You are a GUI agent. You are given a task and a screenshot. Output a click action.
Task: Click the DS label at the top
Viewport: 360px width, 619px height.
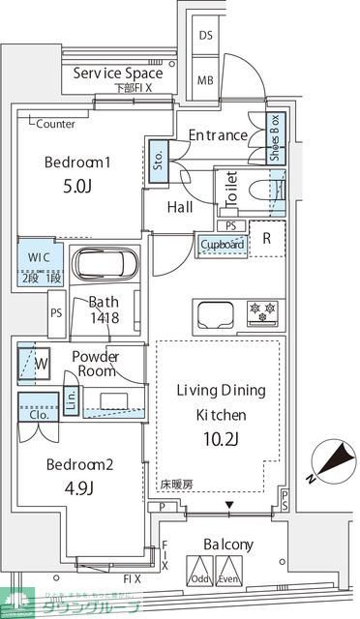(206, 36)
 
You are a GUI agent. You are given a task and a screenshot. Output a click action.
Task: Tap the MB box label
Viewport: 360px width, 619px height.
(206, 80)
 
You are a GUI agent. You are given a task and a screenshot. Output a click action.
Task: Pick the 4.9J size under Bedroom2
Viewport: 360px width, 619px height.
(80, 487)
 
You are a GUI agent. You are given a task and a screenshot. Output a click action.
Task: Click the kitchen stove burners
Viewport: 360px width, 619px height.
(264, 311)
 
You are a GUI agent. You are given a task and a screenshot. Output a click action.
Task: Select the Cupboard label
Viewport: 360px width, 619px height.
(222, 245)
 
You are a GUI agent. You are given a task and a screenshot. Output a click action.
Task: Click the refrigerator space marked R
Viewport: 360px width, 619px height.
(267, 238)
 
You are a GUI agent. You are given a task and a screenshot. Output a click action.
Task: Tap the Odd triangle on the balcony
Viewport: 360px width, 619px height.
(199, 570)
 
